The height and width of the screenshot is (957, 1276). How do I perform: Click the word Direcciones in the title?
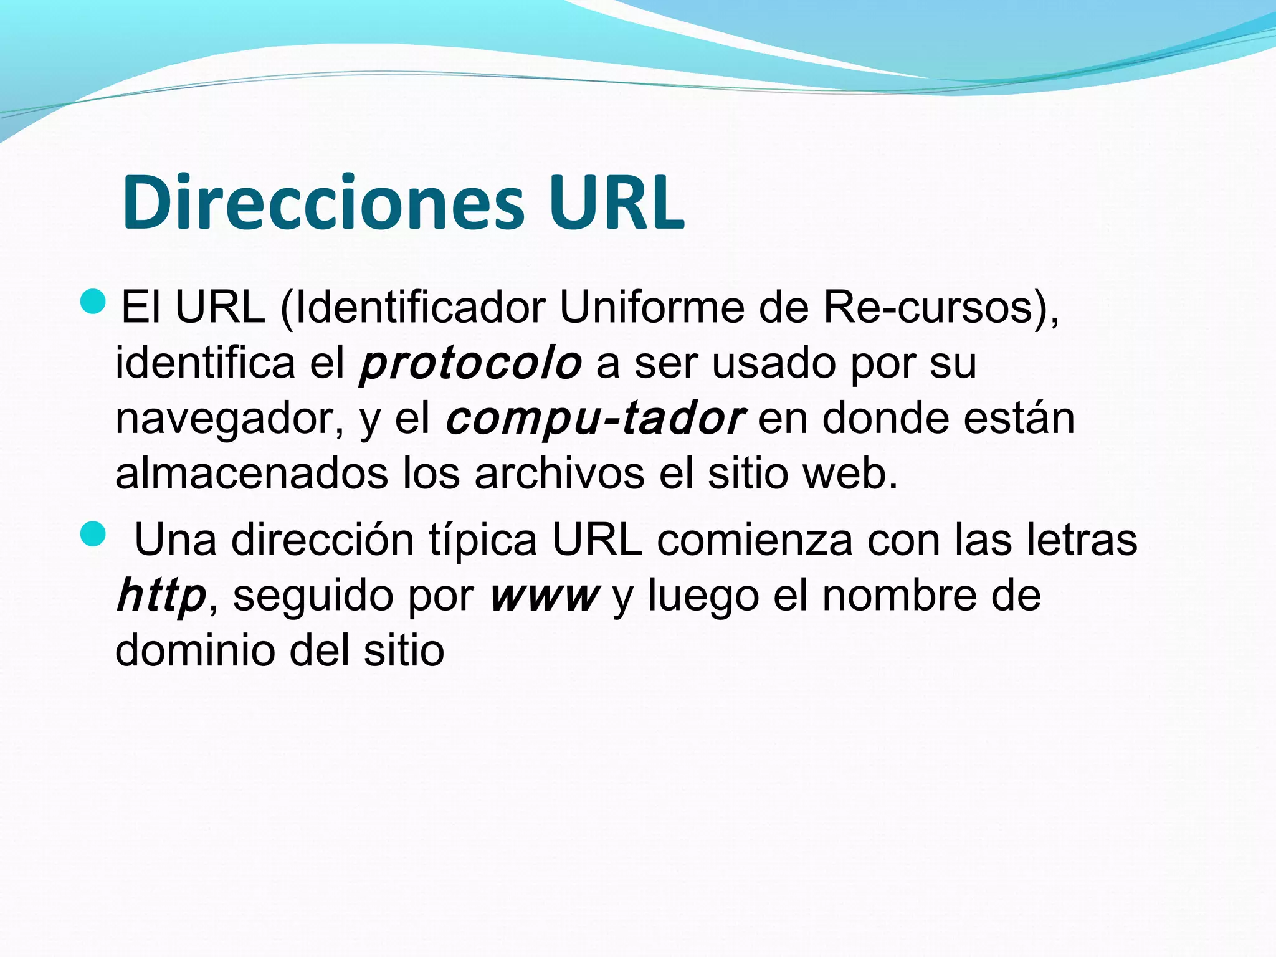[x=323, y=203]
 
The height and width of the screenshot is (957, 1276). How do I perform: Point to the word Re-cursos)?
[x=941, y=308]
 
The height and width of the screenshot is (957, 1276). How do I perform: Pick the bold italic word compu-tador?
[x=595, y=419]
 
